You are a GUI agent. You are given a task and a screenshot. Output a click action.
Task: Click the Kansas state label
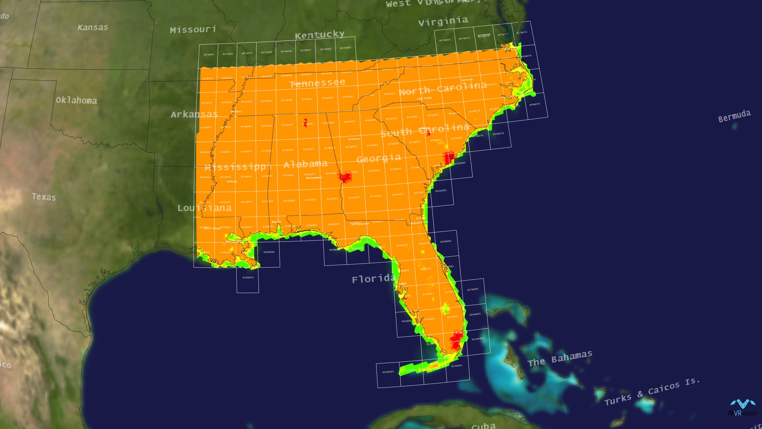click(93, 27)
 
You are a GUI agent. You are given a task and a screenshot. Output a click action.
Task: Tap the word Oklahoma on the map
click(76, 100)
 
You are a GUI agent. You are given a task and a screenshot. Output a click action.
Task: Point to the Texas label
click(44, 197)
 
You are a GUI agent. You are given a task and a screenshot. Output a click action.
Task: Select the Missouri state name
click(193, 29)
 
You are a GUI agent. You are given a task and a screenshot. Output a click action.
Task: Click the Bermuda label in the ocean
click(734, 116)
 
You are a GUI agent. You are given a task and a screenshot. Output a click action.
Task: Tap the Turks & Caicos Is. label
click(652, 392)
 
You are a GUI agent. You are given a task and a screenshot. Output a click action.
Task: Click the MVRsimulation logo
click(743, 408)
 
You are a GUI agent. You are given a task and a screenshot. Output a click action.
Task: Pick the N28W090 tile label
click(248, 277)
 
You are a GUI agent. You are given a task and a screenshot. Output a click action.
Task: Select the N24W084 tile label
click(388, 372)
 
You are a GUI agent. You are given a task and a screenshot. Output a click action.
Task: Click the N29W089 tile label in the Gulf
click(269, 252)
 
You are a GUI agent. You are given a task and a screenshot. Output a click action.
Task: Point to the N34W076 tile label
click(535, 104)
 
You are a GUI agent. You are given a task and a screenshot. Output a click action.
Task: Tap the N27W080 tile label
click(473, 289)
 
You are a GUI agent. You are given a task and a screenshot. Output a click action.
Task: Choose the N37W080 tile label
click(445, 40)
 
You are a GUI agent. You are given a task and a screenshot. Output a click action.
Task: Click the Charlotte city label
click(424, 98)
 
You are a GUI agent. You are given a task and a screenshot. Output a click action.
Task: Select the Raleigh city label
click(467, 80)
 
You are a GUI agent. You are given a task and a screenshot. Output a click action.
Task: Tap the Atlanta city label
click(354, 139)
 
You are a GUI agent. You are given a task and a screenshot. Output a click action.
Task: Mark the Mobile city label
click(276, 222)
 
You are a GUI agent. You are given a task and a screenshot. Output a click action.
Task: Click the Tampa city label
click(402, 284)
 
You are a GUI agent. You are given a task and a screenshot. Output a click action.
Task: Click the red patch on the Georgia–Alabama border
click(346, 177)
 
